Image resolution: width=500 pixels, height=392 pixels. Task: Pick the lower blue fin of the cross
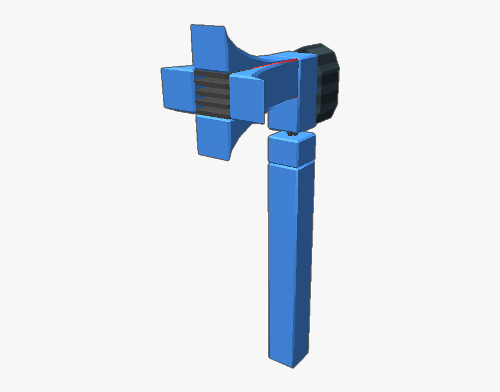(x=213, y=136)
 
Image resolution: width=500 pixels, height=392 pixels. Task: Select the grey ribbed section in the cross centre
(x=212, y=93)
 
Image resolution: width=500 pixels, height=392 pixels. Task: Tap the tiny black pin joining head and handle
(x=290, y=134)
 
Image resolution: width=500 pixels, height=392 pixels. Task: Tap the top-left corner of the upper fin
(x=192, y=26)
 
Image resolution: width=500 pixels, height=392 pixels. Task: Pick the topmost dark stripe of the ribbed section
(x=212, y=74)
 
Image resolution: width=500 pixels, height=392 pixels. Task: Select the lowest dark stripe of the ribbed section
(x=212, y=114)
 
